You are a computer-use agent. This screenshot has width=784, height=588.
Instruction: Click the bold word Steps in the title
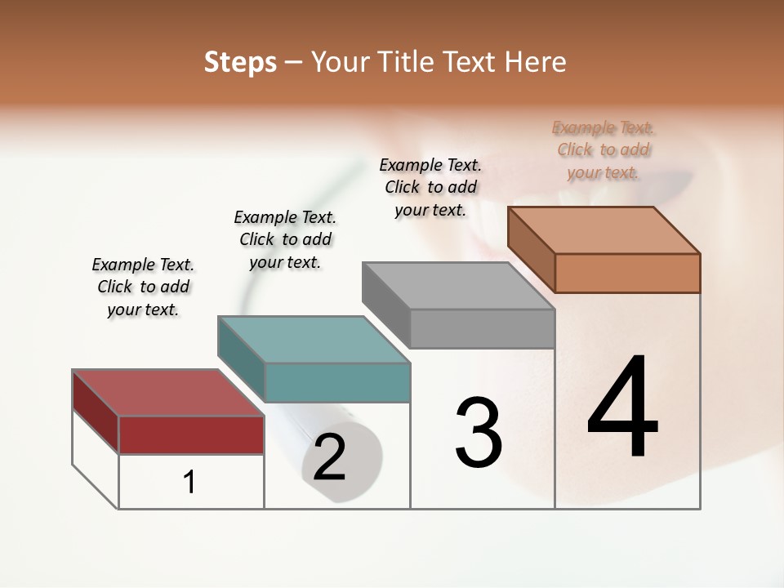(240, 62)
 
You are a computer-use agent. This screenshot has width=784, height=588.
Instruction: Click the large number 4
(622, 408)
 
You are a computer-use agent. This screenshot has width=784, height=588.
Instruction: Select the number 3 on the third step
(479, 433)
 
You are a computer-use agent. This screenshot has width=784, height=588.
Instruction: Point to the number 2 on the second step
(329, 458)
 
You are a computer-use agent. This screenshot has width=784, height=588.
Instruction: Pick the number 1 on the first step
(189, 483)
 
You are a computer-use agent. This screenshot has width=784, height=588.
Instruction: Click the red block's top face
(167, 393)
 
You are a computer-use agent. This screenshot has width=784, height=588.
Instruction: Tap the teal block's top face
(314, 340)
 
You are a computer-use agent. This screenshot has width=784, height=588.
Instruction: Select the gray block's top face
(458, 286)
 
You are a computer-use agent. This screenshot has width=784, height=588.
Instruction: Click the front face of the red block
(191, 434)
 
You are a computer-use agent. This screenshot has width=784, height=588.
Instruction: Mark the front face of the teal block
(337, 382)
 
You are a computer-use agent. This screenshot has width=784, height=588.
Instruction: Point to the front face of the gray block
(482, 328)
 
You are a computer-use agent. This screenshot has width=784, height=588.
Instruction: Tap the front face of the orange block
(627, 273)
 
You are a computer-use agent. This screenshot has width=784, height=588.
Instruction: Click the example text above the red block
(143, 287)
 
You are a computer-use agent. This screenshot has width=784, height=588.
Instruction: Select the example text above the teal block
(285, 239)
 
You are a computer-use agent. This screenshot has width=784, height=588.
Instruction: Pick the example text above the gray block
(430, 187)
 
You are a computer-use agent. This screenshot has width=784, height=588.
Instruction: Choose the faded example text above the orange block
(604, 149)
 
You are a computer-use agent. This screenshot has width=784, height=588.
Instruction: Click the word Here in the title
(537, 62)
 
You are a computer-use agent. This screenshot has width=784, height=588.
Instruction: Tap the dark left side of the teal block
(242, 359)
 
